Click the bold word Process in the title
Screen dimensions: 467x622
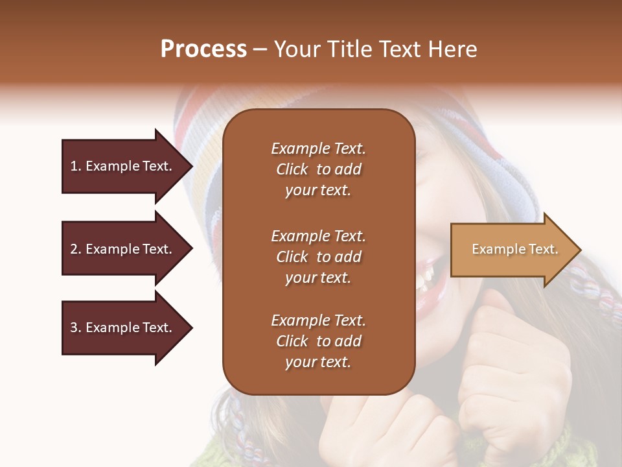point(203,49)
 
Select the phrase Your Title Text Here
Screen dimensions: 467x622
point(375,49)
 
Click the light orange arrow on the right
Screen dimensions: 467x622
point(512,250)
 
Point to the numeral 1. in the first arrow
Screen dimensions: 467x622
point(76,166)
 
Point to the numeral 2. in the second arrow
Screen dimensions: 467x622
point(76,249)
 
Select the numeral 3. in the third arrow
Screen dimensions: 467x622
point(76,328)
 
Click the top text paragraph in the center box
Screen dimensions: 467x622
point(318,169)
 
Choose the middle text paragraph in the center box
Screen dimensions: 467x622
point(318,257)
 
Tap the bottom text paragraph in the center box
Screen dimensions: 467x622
point(318,341)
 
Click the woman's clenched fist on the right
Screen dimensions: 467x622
point(512,363)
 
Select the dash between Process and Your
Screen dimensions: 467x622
point(260,49)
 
